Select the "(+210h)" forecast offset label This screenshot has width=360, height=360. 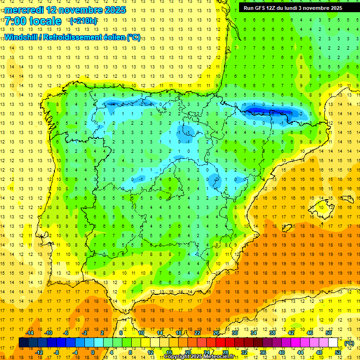83,21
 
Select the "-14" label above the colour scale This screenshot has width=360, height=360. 30,333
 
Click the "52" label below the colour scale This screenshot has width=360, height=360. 338,352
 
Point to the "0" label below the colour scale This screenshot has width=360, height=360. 93,352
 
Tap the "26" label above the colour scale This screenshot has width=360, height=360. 216,333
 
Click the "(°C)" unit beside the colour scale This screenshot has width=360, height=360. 349,343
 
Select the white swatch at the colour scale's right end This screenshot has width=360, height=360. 333,343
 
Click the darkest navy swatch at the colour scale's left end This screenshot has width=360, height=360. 23,343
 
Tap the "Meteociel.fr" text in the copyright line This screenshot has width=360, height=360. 223,357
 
